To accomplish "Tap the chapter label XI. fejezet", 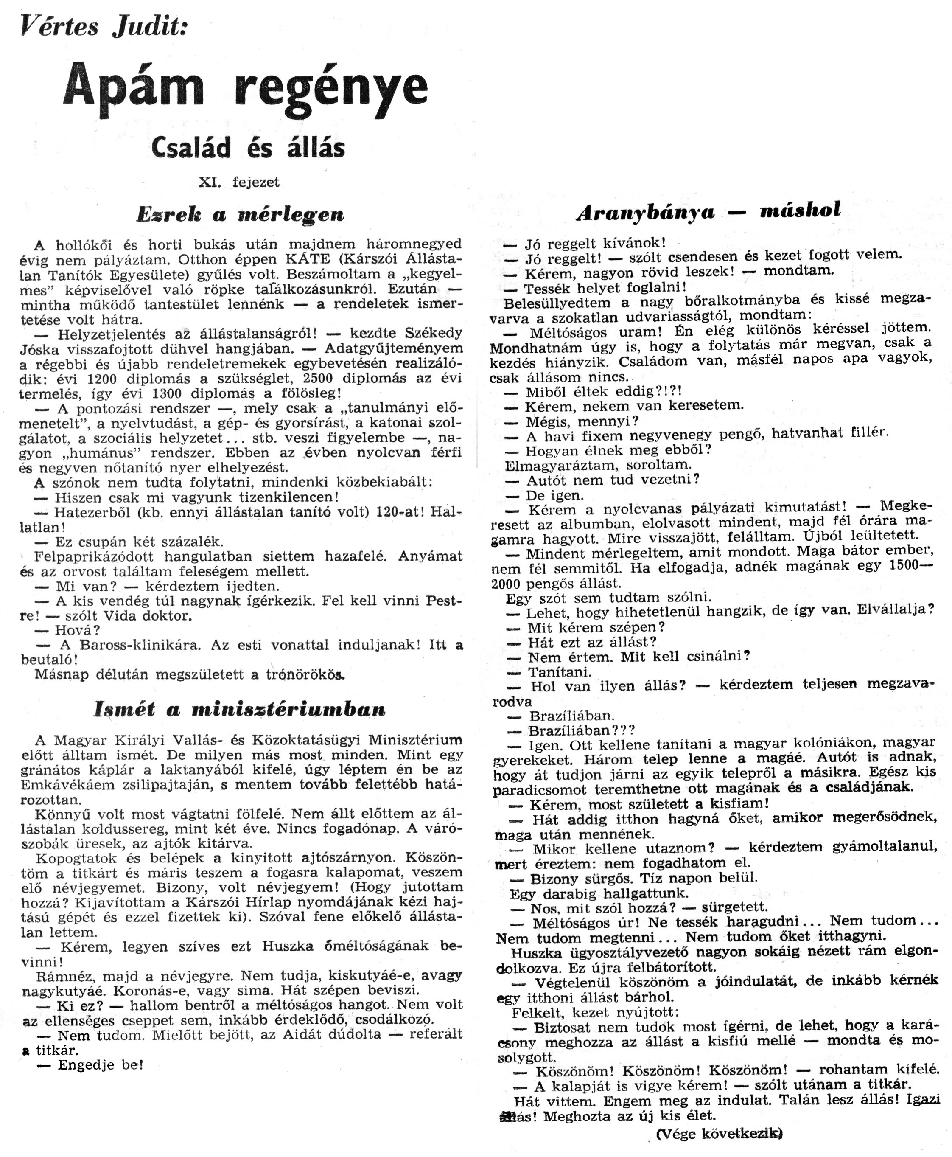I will pyautogui.click(x=239, y=183).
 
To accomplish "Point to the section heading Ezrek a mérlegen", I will pyautogui.click(x=240, y=214).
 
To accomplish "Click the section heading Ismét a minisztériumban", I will pyautogui.click(x=240, y=709).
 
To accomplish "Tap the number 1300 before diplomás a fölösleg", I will pyautogui.click(x=170, y=393).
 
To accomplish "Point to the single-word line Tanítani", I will pyautogui.click(x=560, y=672).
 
